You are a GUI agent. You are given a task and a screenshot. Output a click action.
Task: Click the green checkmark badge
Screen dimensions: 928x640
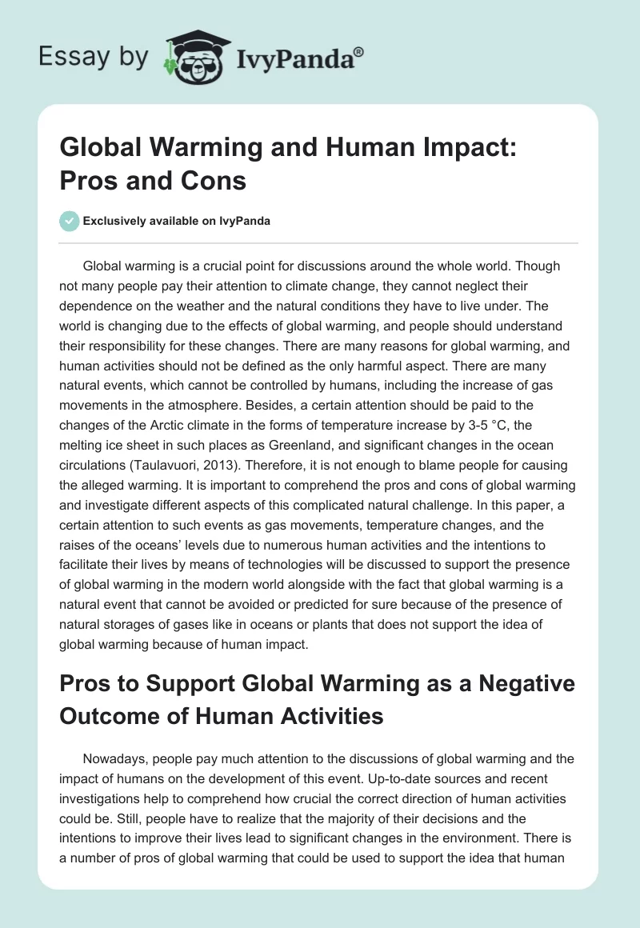point(70,221)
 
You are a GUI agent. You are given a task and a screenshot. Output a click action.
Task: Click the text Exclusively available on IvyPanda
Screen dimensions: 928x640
point(176,222)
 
